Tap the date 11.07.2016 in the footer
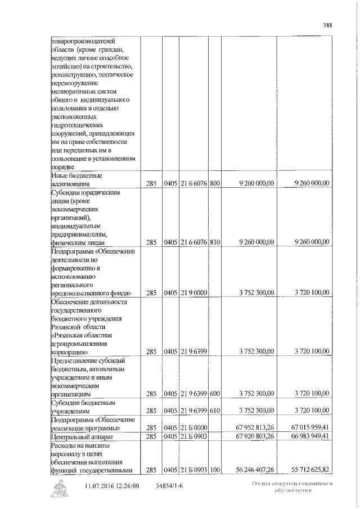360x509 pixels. (102, 485)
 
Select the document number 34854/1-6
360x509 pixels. (169, 485)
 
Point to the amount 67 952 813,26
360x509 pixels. (254, 427)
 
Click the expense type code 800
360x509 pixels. (214, 183)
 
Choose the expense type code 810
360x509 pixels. (214, 242)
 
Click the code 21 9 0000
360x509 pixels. (193, 292)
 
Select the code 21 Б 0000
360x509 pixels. (193, 427)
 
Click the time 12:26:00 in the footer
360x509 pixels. (130, 485)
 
